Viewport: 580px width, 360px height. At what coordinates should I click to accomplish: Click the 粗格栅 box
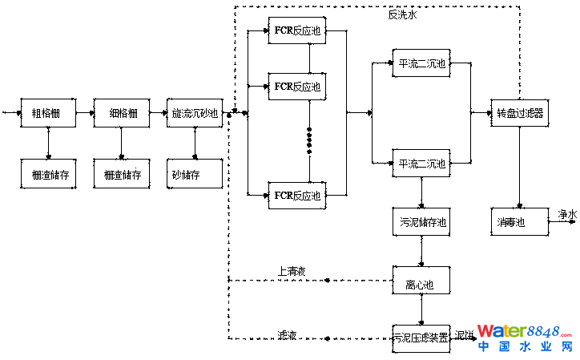pyautogui.click(x=48, y=113)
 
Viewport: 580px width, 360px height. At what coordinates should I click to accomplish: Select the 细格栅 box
pyautogui.click(x=122, y=113)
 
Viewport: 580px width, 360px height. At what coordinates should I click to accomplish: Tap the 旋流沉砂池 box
pyautogui.click(x=195, y=113)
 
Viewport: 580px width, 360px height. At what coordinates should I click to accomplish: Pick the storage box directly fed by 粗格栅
pyautogui.click(x=48, y=174)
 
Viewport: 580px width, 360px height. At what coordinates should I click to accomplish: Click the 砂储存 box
pyautogui.click(x=195, y=174)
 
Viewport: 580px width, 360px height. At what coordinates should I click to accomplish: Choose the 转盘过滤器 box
pyautogui.click(x=520, y=113)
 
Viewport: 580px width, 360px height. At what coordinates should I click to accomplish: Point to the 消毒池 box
pyautogui.click(x=520, y=221)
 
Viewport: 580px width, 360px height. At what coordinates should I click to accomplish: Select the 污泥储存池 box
pyautogui.click(x=421, y=221)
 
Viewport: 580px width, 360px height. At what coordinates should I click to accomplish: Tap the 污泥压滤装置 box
pyautogui.click(x=421, y=337)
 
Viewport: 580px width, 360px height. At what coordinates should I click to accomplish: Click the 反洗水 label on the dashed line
pyautogui.click(x=402, y=14)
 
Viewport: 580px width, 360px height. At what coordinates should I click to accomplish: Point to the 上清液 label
pyautogui.click(x=292, y=271)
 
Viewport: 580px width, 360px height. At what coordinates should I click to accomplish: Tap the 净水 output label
pyautogui.click(x=567, y=214)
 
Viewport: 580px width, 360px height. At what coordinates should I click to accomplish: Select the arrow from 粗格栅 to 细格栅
pyautogui.click(x=84, y=113)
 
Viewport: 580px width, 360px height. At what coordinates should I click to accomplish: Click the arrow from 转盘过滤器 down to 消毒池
pyautogui.click(x=520, y=168)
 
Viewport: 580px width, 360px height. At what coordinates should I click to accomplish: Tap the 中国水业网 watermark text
pyautogui.click(x=526, y=346)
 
